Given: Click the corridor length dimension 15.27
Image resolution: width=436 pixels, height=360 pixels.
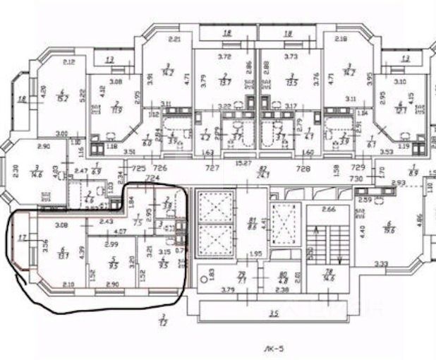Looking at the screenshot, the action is point(243,163).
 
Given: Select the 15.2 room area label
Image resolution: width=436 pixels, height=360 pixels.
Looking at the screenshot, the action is point(63,97).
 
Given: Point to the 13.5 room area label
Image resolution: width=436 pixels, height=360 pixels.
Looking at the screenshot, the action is point(293,80).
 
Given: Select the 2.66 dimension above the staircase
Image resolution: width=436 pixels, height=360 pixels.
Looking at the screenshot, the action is point(327,209).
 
